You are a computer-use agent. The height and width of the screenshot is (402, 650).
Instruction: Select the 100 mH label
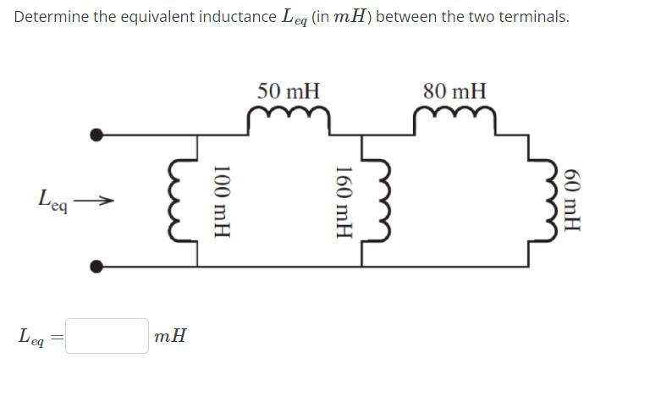pyautogui.click(x=223, y=200)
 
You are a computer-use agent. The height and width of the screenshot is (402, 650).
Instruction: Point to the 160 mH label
pyautogui.click(x=344, y=200)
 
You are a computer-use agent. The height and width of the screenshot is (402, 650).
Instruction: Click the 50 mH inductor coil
pyautogui.click(x=288, y=118)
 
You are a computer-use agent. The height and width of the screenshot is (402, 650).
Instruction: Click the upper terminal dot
pyautogui.click(x=97, y=134)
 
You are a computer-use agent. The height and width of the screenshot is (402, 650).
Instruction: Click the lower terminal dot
pyautogui.click(x=97, y=267)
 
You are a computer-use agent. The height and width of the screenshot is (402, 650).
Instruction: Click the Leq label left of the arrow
pyautogui.click(x=52, y=201)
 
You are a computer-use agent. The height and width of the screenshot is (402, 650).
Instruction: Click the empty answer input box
pyautogui.click(x=107, y=336)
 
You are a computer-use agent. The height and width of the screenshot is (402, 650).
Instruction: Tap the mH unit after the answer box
pyautogui.click(x=171, y=336)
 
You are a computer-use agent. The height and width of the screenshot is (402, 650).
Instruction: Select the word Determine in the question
pyautogui.click(x=52, y=17)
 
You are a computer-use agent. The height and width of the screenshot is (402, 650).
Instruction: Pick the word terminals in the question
pyautogui.click(x=536, y=17)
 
